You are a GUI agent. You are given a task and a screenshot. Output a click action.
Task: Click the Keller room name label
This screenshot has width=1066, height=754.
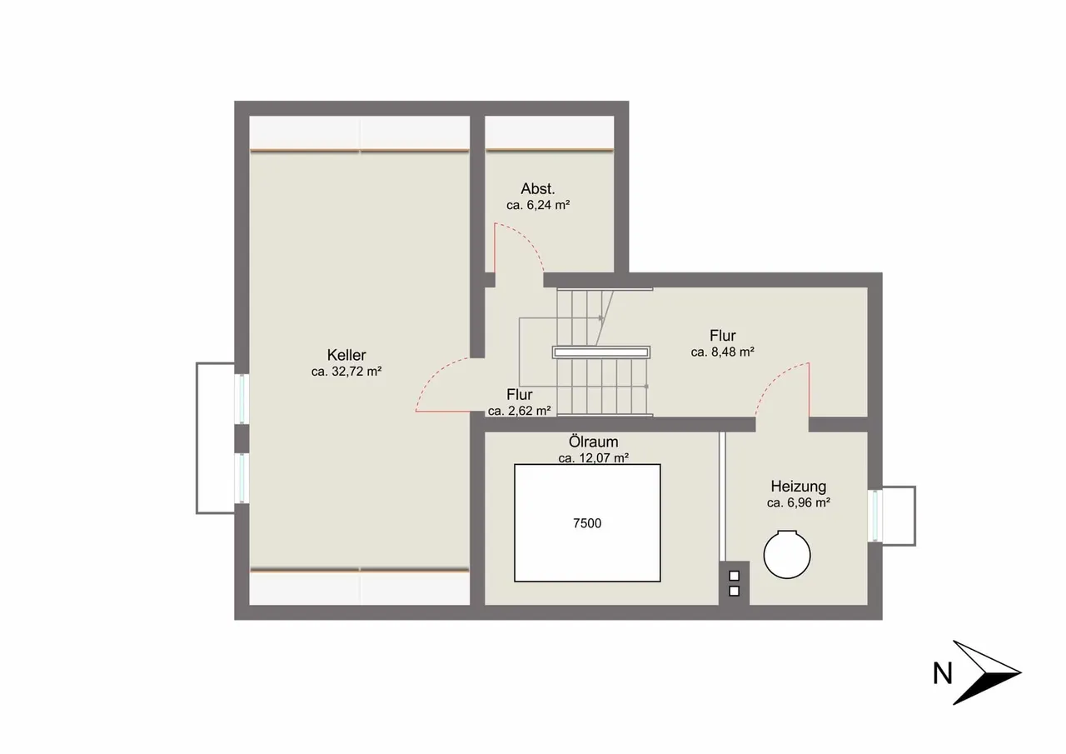346,355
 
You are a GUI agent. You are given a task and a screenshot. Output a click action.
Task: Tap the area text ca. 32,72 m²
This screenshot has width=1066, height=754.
346,372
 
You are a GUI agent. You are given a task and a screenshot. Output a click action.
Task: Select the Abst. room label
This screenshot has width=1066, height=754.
538,189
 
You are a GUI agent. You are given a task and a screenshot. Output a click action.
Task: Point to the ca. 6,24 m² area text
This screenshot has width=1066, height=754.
538,205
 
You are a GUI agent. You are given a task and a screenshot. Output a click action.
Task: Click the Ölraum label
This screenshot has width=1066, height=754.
594,442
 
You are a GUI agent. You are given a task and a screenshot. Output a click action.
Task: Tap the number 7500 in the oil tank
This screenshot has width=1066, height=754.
587,523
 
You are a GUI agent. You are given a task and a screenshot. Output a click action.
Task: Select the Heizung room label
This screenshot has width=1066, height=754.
799,487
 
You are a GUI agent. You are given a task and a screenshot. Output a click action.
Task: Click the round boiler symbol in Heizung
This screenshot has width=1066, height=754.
787,555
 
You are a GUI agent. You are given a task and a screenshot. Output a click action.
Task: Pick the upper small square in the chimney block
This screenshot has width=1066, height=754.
735,576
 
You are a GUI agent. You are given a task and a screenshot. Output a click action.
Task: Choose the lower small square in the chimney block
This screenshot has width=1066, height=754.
735,592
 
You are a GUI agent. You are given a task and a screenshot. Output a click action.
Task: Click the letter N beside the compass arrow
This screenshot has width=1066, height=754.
942,673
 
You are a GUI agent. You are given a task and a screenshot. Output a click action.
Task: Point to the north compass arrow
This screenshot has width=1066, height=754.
986,672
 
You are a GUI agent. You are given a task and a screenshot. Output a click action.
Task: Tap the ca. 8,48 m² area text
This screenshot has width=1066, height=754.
722,352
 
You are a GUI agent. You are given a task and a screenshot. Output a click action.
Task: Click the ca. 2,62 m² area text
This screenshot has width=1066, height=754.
519,411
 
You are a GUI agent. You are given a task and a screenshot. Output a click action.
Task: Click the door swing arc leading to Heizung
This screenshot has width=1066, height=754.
774,379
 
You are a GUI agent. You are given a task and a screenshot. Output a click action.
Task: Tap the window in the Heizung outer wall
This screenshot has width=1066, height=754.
875,516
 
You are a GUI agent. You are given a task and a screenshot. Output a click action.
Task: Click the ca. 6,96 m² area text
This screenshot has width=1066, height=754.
799,503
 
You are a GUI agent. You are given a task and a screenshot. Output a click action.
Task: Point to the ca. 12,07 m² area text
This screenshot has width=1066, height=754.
594,458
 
